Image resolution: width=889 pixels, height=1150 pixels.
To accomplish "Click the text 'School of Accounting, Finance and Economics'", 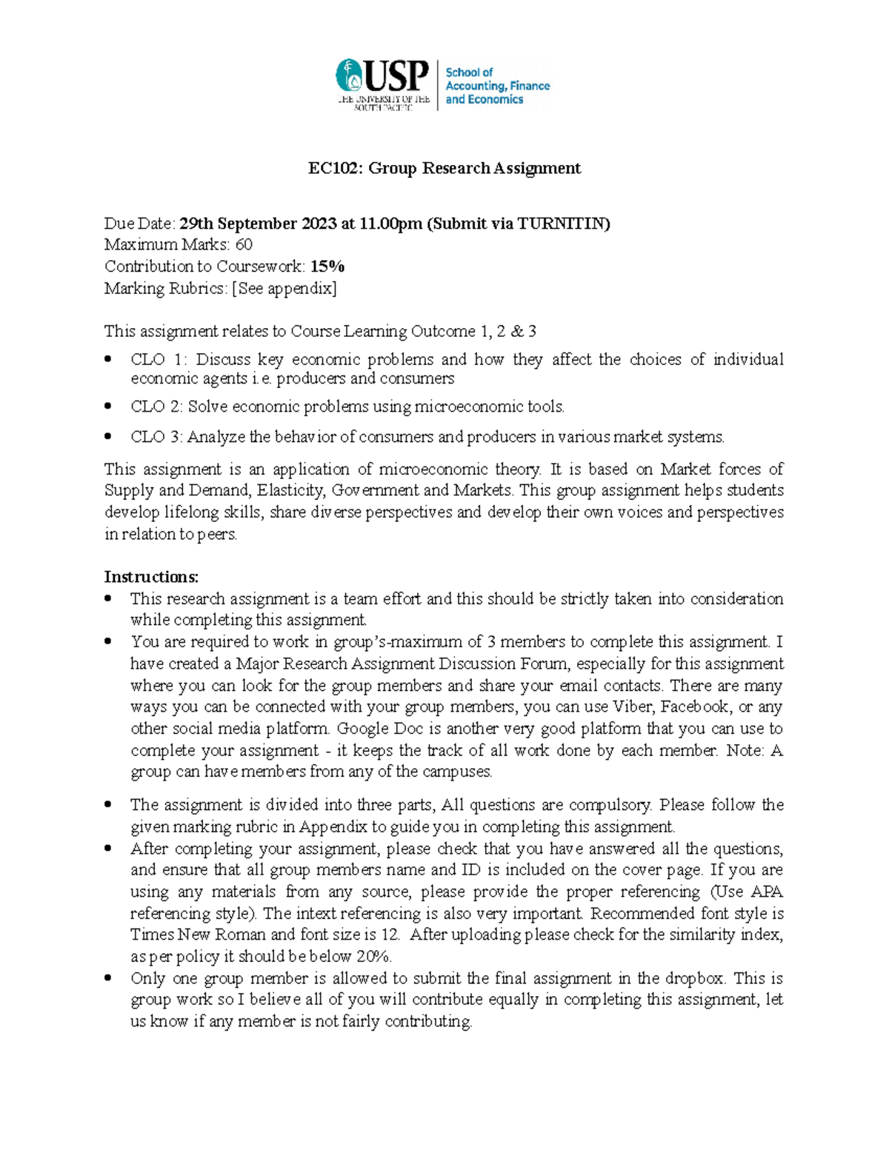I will click(x=496, y=86).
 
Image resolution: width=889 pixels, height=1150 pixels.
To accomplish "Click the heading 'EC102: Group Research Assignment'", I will click(x=444, y=169).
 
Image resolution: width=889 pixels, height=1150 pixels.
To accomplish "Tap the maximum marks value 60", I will click(x=244, y=245).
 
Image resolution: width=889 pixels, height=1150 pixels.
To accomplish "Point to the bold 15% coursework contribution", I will click(x=327, y=267).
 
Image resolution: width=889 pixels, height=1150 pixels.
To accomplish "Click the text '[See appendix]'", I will click(x=284, y=288).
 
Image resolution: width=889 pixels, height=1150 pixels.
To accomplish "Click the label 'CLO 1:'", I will click(x=159, y=360).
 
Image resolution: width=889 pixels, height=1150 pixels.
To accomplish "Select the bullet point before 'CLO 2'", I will click(x=109, y=407).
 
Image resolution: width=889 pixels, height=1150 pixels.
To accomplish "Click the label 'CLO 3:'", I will click(x=156, y=437).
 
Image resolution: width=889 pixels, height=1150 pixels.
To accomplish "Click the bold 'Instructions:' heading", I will click(x=151, y=577).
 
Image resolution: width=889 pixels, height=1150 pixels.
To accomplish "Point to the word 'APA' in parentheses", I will click(x=767, y=892).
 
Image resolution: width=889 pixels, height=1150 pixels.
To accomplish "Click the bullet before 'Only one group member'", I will click(x=109, y=978).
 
